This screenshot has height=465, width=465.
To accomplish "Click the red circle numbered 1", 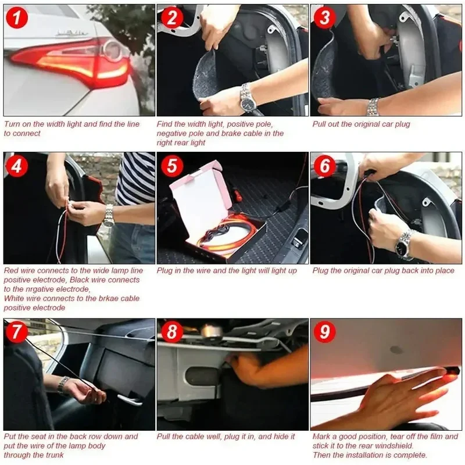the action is click(x=17, y=18).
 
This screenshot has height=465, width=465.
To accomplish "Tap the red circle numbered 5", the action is click(x=172, y=166).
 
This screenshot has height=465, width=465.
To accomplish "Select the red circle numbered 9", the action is click(x=325, y=331).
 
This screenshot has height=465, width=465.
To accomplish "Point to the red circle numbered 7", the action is click(x=16, y=331).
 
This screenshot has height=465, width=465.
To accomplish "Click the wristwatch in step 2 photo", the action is click(x=248, y=98).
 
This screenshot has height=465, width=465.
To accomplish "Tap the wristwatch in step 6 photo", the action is click(x=404, y=244).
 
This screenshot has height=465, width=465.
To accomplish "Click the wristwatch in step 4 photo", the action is click(x=109, y=216).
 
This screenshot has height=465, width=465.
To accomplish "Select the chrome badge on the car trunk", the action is click(x=71, y=33).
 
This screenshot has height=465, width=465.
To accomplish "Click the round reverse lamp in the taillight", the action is click(x=112, y=49).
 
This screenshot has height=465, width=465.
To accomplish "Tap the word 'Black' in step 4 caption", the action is click(x=80, y=280).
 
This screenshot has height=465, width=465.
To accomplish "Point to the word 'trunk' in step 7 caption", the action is click(x=54, y=455).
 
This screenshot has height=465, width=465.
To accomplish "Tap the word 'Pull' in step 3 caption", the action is click(x=319, y=124).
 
